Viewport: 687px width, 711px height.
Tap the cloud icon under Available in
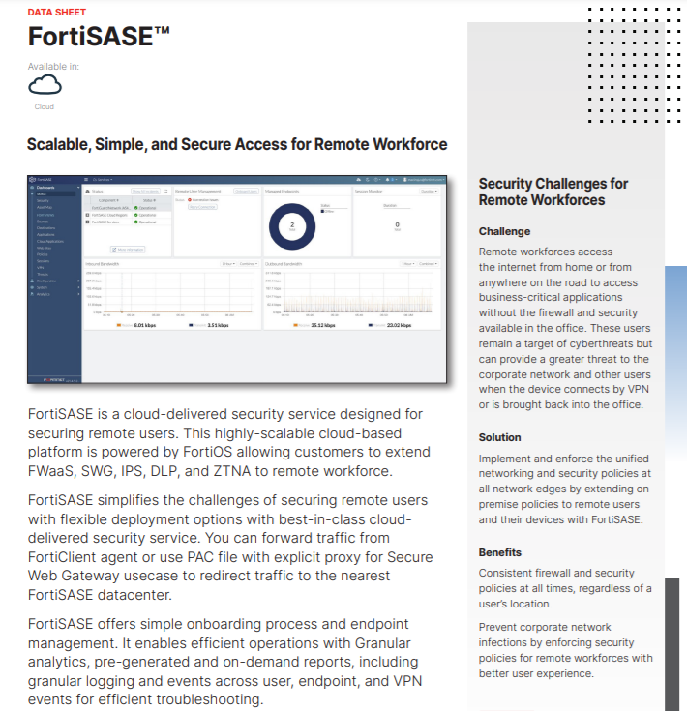pos(45,85)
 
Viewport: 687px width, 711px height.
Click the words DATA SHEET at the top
pos(56,13)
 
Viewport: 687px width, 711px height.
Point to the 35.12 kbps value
pos(322,325)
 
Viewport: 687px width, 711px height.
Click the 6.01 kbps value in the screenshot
pos(145,325)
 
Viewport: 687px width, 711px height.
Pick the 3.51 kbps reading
pos(216,325)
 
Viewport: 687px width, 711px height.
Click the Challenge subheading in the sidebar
pos(504,232)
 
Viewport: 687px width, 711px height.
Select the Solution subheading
pos(499,437)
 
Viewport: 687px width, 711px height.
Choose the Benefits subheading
pos(500,552)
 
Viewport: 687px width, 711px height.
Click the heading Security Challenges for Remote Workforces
pos(553,192)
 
